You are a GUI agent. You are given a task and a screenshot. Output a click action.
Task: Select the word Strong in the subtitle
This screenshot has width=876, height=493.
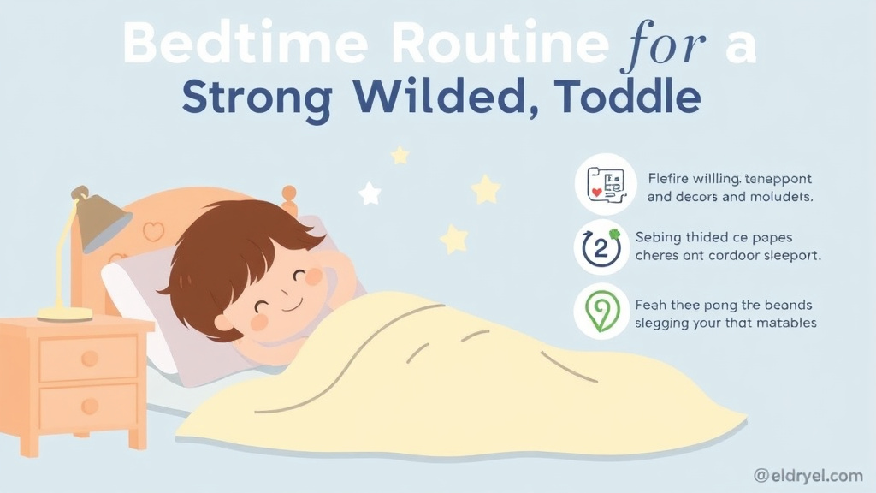point(257,98)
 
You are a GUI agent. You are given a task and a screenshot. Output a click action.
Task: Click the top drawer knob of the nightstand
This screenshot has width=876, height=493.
point(89,359)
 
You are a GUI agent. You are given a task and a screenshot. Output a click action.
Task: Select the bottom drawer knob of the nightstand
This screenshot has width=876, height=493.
point(89,405)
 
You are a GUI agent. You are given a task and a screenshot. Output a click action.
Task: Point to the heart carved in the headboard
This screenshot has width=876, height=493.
point(153,231)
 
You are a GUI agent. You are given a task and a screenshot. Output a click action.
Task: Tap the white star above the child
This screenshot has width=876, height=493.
point(370,193)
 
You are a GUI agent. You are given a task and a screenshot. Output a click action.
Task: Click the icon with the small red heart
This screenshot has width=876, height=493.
point(605,184)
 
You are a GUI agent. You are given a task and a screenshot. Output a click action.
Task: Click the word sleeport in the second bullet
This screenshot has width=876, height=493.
point(786,255)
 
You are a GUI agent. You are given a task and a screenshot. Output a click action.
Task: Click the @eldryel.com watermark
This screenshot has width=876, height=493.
point(808,475)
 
